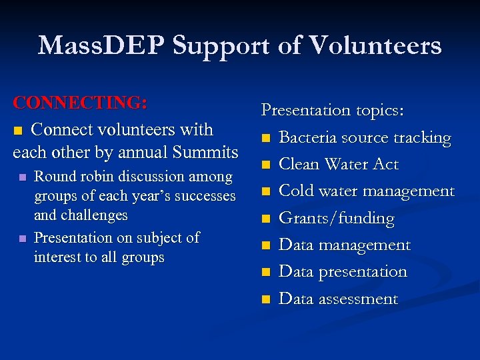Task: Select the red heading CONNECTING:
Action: click(x=80, y=103)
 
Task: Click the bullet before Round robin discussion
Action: click(x=23, y=177)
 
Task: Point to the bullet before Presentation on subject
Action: click(x=23, y=239)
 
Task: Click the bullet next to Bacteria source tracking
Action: click(x=266, y=139)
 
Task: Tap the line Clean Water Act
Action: click(x=338, y=164)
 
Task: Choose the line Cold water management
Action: click(x=366, y=191)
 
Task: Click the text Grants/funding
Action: click(x=336, y=218)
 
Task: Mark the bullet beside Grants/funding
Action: click(x=266, y=219)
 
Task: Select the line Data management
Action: click(x=344, y=245)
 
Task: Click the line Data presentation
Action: click(x=342, y=271)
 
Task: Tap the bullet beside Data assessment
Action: click(x=266, y=300)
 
